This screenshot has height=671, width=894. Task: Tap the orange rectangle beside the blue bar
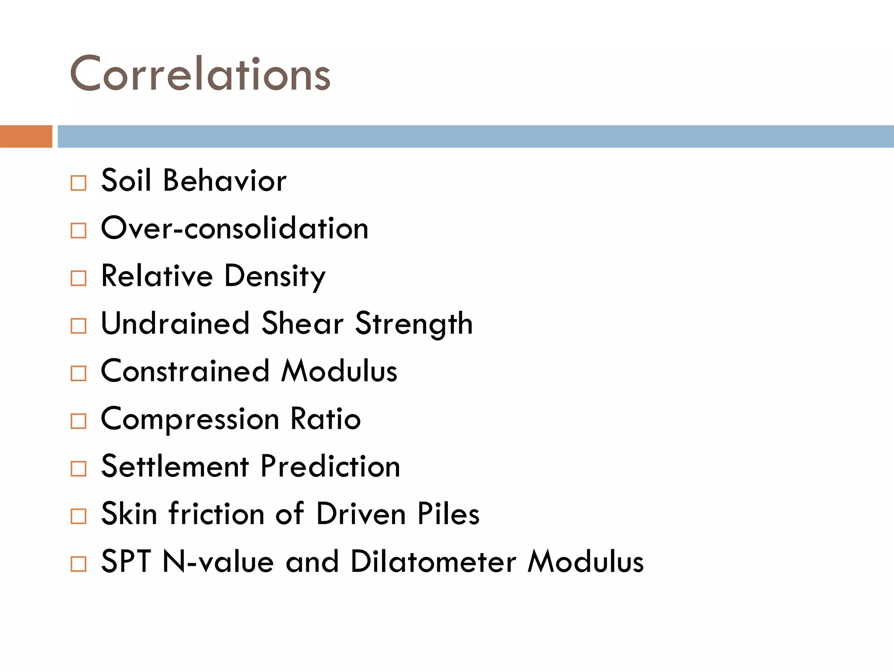point(26,136)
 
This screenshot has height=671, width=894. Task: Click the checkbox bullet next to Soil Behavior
point(79,183)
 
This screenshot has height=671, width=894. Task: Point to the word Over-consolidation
point(235,228)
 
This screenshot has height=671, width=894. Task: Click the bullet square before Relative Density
point(79,278)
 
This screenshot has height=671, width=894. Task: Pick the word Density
point(275,277)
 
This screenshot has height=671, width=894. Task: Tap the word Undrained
point(175,324)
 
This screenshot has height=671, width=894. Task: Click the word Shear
point(302,324)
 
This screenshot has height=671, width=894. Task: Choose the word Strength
point(414,325)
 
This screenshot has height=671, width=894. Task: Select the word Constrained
point(185,371)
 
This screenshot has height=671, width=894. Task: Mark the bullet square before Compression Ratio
point(79,421)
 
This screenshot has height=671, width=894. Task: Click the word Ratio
point(326,419)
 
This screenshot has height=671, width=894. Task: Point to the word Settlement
point(175,466)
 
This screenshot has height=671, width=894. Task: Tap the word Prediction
point(330,466)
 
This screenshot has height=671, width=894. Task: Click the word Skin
point(129,514)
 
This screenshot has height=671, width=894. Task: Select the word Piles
point(448,514)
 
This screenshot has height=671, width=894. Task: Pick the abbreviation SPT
point(126,561)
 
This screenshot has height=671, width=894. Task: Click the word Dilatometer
point(433,561)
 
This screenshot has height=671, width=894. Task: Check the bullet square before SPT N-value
point(79,564)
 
